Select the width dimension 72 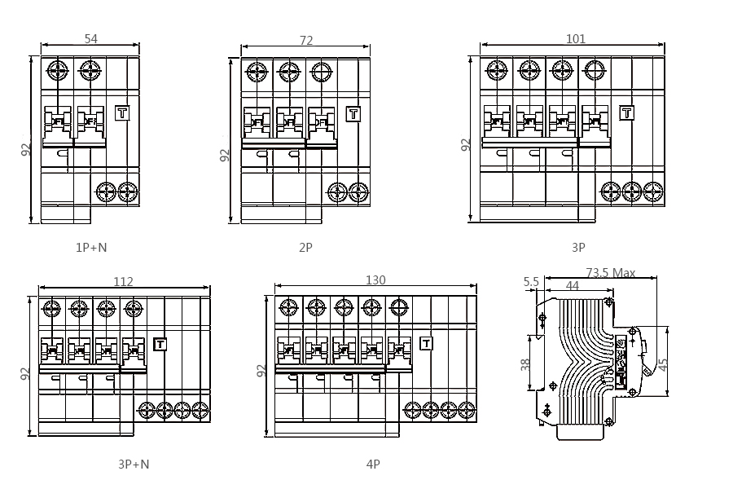[306, 41]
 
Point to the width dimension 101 [576, 38]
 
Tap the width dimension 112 [123, 282]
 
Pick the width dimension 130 [375, 280]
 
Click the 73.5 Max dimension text [610, 273]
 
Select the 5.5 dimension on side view [531, 282]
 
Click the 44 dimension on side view [573, 286]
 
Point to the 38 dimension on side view [526, 363]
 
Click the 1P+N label [90, 247]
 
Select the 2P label [305, 247]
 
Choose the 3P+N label [134, 465]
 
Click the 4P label [373, 465]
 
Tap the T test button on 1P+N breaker [123, 113]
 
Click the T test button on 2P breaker [353, 114]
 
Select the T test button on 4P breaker [425, 343]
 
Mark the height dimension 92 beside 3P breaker [466, 144]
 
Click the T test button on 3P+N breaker [160, 344]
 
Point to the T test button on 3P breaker [626, 113]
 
